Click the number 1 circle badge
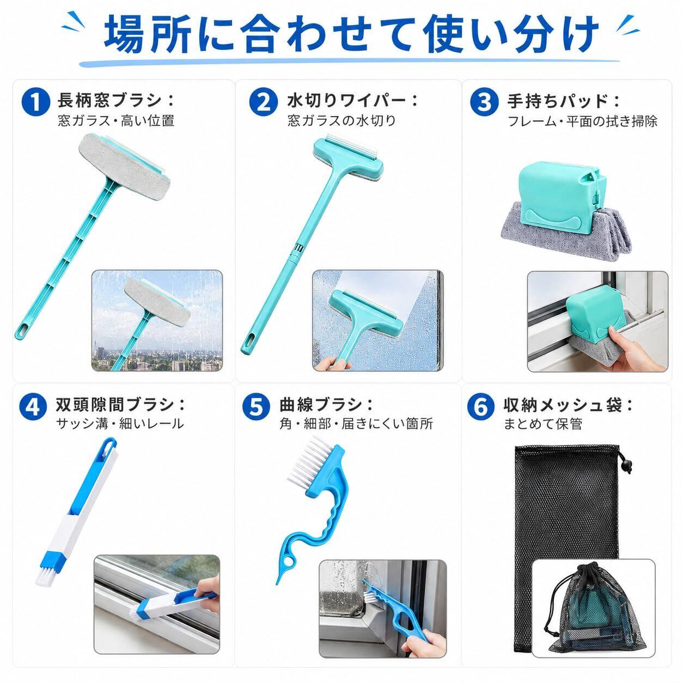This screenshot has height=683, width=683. tap(35, 102)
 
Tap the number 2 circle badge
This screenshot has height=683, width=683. tap(263, 102)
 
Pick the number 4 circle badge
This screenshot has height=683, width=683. tap(33, 406)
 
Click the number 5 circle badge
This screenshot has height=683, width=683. tap(256, 406)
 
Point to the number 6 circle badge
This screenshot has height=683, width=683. tap(480, 406)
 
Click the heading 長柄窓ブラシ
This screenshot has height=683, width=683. tap(110, 101)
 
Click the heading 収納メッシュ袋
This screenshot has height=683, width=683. tap(563, 406)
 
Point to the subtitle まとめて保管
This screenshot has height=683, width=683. tap(543, 424)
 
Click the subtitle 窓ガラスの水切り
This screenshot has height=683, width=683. tap(342, 121)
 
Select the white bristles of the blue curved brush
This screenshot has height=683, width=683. tap(307, 461)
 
